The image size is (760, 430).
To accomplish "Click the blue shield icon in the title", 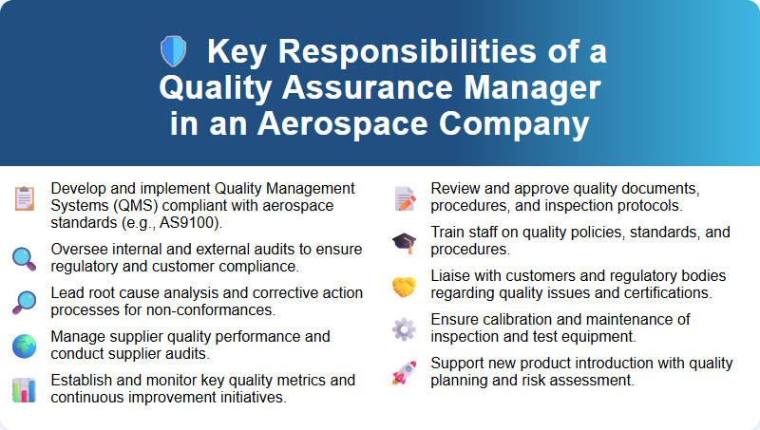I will coord(173,52).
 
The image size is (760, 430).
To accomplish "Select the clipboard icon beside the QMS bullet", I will coord(25,197).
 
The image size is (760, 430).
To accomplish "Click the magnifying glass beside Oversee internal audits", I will coord(25,257).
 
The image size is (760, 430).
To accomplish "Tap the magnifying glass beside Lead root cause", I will coord(25,302).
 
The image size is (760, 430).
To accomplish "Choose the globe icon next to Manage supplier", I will coord(25,346).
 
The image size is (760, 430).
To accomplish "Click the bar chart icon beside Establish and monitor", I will coord(25,389).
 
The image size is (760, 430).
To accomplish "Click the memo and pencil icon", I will coord(405,197).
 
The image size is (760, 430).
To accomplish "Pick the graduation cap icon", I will coord(405,242).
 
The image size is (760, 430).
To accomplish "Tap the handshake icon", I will coord(405,285).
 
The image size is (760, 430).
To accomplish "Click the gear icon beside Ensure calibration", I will coord(405,328).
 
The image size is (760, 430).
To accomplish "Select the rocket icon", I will coord(405,372).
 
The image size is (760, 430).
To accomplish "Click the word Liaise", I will coord(452,275).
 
